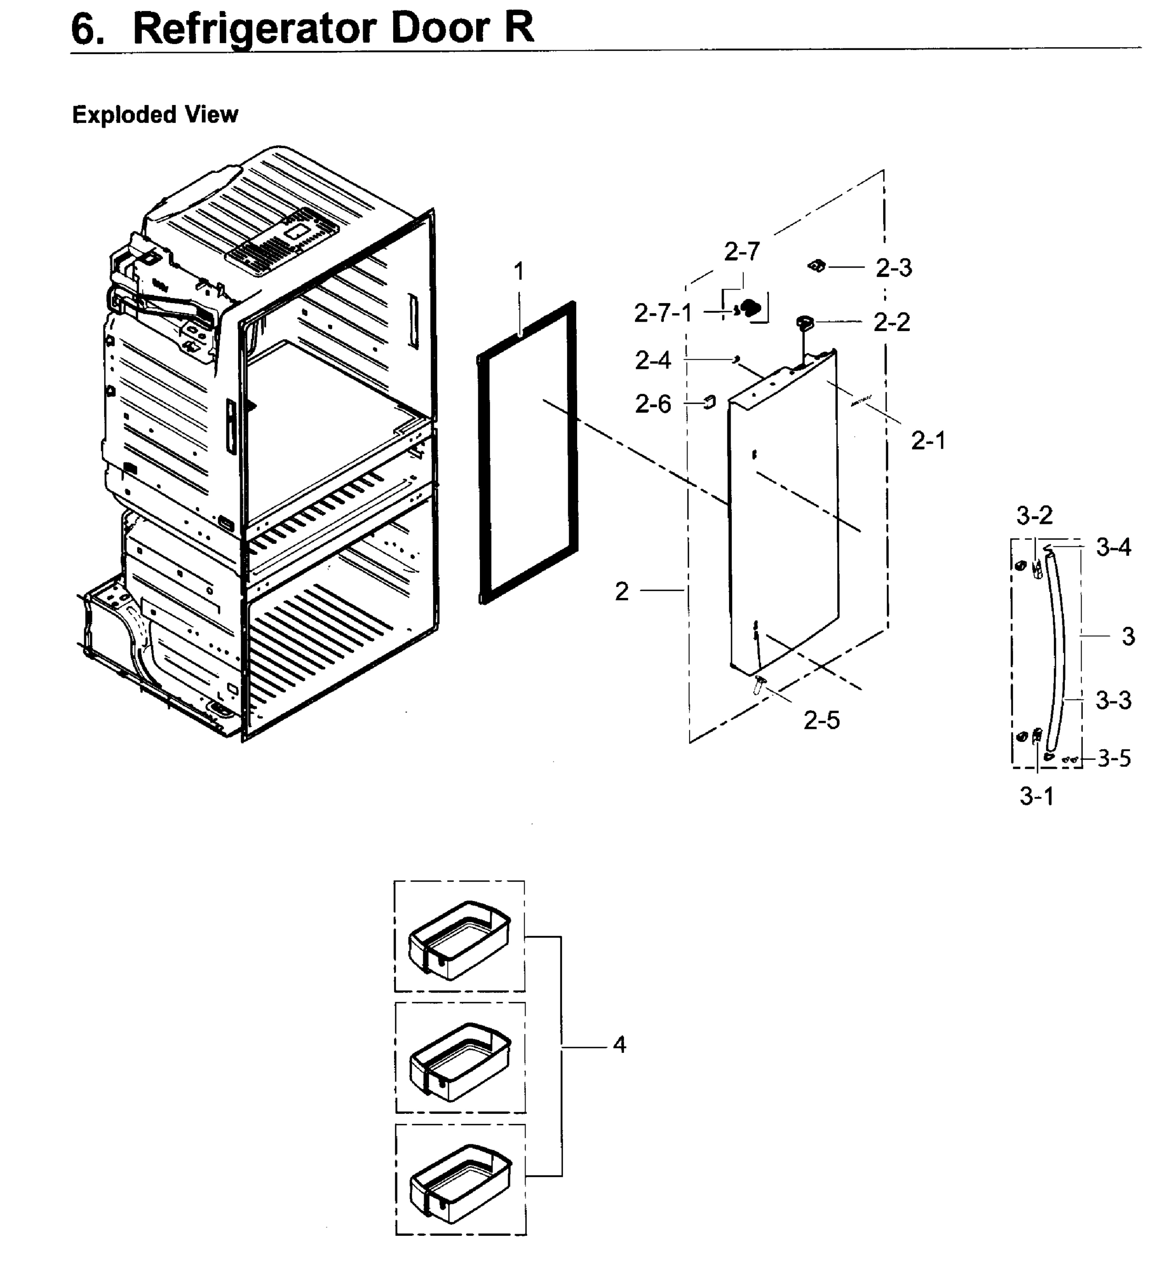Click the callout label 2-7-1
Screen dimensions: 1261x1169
point(662,313)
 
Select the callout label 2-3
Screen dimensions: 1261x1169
point(893,268)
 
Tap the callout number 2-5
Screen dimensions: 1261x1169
point(821,720)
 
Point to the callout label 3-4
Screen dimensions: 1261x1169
point(1113,547)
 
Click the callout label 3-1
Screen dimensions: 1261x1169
point(1037,796)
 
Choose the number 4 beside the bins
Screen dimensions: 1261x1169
point(619,1044)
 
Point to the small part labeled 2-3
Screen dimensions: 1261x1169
point(817,266)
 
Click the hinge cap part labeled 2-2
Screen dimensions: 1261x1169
point(805,323)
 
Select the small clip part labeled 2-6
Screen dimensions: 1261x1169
point(710,401)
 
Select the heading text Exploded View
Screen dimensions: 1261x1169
point(155,115)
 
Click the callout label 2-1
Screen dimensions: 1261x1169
point(928,440)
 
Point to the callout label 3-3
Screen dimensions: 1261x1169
point(1113,700)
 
